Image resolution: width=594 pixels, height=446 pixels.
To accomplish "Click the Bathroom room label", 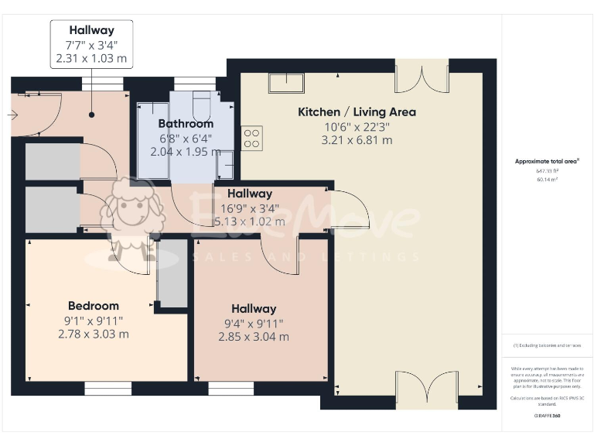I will click(x=186, y=124).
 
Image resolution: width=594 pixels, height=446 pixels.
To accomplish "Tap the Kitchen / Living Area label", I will click(x=357, y=112).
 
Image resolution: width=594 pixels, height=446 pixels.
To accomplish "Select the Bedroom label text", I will click(x=93, y=306).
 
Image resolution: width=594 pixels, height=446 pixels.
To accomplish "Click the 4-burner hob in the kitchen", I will click(x=252, y=138).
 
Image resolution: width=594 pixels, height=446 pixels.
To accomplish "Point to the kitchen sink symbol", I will click(x=286, y=82).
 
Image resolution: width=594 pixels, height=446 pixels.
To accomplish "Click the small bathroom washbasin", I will click(x=225, y=165).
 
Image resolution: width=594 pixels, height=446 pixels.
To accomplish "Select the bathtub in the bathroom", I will click(x=152, y=139).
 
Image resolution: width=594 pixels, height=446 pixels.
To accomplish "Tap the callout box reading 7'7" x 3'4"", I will click(x=91, y=44).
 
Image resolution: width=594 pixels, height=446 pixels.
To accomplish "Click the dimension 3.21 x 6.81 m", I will click(x=357, y=140).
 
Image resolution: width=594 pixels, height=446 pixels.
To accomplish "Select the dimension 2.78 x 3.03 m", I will click(x=93, y=334).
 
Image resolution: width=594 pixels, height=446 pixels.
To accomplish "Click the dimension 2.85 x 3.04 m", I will click(x=254, y=337).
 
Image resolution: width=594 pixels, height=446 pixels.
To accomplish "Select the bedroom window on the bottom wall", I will click(x=108, y=389).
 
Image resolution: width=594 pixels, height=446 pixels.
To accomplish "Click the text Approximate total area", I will click(x=547, y=162).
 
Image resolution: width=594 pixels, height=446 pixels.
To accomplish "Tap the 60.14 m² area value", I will click(x=547, y=179).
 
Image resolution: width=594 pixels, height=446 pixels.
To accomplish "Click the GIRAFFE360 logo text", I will click(x=547, y=417).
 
